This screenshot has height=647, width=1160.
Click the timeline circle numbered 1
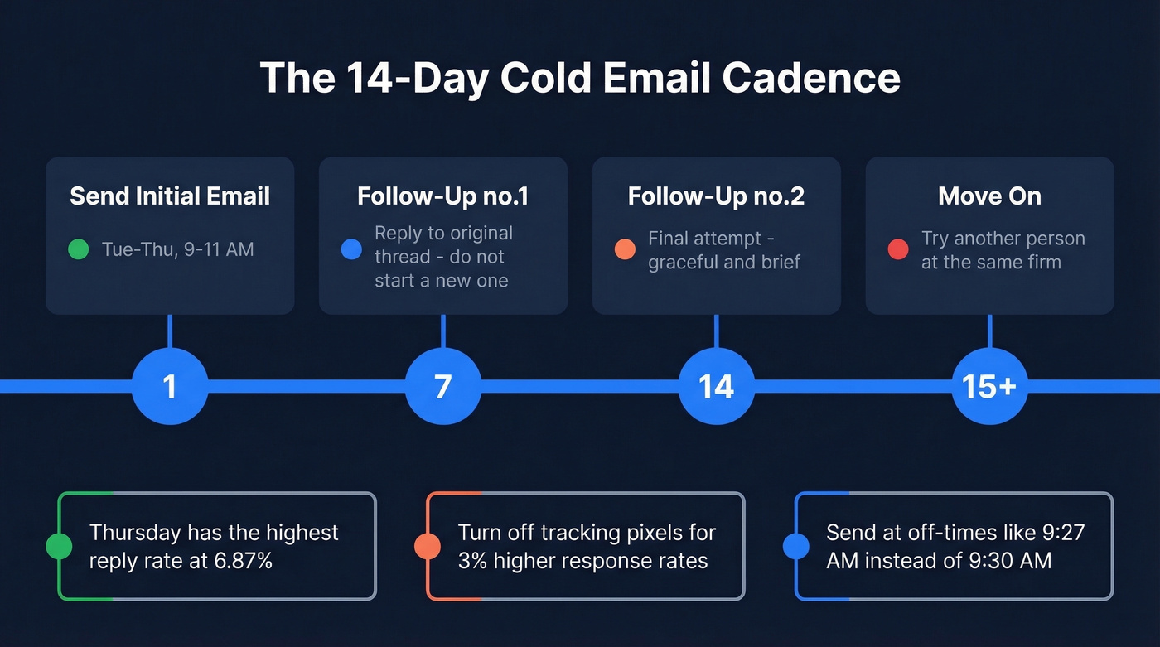[x=170, y=386]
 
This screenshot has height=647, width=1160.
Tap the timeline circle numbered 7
[x=443, y=386]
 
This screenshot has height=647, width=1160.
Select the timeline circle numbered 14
[x=717, y=386]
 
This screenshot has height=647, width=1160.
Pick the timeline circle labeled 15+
[x=989, y=386]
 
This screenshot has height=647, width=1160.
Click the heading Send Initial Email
[x=170, y=196]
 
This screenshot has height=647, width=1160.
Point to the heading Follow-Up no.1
[x=443, y=196]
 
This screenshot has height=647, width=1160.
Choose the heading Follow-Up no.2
[x=717, y=196]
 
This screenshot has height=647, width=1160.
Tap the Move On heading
[x=989, y=196]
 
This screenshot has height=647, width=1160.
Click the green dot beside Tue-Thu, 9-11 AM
[x=78, y=249]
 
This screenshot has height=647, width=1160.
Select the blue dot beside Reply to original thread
[x=351, y=249]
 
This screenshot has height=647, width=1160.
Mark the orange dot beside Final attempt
[x=625, y=249]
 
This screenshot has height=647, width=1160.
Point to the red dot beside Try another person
[x=898, y=249]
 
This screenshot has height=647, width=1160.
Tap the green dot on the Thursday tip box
[x=58, y=546]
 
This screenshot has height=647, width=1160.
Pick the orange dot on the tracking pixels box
[x=427, y=546]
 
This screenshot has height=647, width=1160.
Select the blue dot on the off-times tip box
[x=795, y=546]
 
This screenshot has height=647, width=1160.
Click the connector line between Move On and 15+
[x=989, y=331]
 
